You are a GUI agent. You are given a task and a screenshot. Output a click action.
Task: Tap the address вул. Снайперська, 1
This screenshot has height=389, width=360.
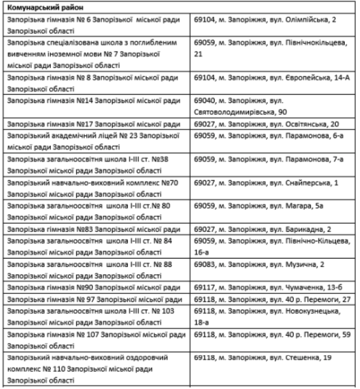[x=275, y=183]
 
